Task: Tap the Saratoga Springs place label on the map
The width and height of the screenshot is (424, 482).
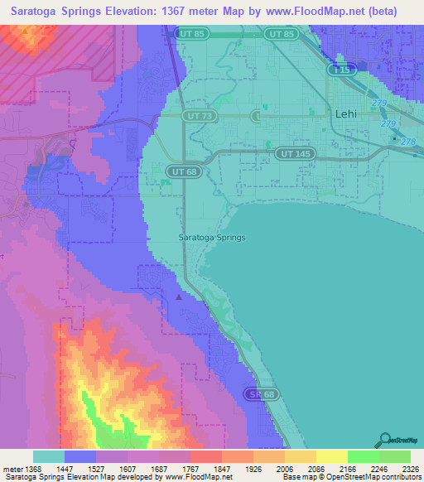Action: click(x=213, y=237)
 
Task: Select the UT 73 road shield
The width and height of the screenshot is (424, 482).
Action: click(x=196, y=116)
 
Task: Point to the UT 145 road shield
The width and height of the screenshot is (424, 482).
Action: click(x=290, y=154)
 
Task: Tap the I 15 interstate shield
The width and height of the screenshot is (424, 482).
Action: click(x=339, y=71)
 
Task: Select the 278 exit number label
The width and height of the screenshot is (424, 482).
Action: click(x=407, y=142)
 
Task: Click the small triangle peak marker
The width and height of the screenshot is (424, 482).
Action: click(x=180, y=295)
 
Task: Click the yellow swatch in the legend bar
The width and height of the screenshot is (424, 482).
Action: click(x=331, y=456)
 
